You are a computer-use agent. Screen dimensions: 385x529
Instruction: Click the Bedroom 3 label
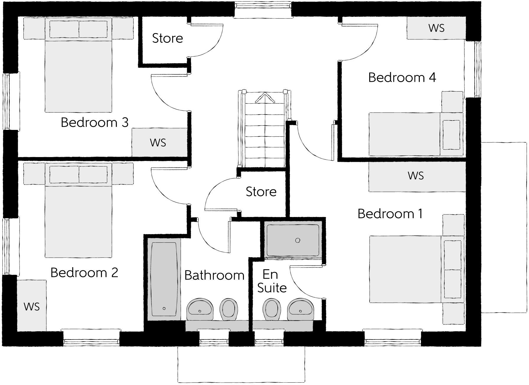pos(94,122)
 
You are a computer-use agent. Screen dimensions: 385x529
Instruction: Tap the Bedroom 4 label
pos(402,77)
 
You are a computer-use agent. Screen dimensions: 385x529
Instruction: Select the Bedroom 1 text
pos(390,213)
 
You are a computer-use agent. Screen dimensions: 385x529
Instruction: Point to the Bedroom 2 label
pos(84,272)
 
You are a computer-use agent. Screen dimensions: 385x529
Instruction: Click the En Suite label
pos(271,281)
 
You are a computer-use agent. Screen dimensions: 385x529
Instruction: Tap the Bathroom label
pos(214,275)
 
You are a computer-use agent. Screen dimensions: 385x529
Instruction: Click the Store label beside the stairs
pos(261,192)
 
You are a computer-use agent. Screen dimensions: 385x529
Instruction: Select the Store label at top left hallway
pos(167,38)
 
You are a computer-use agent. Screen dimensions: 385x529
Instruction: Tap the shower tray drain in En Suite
pos(298,240)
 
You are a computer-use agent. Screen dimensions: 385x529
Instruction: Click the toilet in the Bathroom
pos(229,309)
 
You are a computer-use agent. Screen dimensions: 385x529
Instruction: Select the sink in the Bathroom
pos(200,309)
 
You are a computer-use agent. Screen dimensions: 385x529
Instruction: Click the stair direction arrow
pos(264,98)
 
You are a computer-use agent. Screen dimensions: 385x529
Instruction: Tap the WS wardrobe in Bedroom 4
pos(436,28)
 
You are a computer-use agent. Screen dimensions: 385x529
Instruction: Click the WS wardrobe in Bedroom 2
pos(32,306)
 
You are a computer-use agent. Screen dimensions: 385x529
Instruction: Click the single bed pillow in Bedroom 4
pos(451,135)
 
